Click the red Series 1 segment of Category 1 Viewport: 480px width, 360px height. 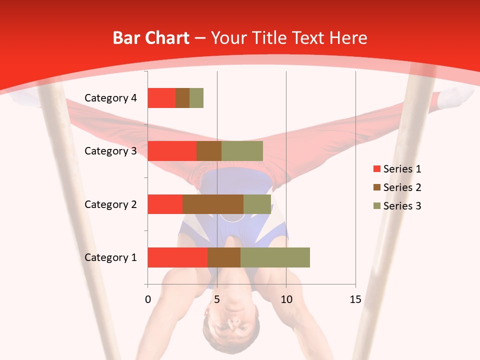coord(177,257)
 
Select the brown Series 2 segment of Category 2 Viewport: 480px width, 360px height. coord(213,204)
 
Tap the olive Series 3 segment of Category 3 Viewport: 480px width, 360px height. coord(242,151)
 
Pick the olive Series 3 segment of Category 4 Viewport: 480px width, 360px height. coord(196,98)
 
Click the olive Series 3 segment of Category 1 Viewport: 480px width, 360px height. coord(275,257)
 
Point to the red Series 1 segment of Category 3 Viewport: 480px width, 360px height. coord(172,151)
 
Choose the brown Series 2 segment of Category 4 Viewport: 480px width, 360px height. coord(182,98)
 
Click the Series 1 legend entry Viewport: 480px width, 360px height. coord(397,169)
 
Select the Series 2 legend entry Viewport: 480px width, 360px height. coord(397,187)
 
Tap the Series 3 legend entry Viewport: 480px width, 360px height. coord(397,206)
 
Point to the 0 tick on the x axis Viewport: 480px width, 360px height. coord(148,299)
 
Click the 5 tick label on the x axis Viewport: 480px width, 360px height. coord(217,299)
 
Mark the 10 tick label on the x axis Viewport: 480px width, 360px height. coord(286,299)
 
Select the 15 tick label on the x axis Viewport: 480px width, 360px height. coord(355,299)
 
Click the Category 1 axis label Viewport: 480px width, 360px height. coord(110,257)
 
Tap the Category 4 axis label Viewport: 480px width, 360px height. coord(110,98)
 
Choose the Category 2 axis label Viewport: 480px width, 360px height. coord(110,204)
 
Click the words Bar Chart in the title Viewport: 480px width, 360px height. coord(151,38)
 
